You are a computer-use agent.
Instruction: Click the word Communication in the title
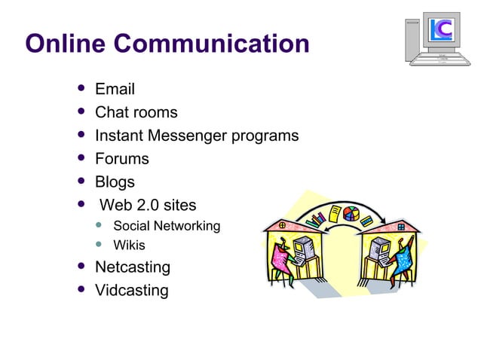[x=210, y=43]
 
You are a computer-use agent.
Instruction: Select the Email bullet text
[x=115, y=90]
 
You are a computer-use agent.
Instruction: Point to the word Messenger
[x=198, y=136]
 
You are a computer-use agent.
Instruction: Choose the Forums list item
[x=121, y=159]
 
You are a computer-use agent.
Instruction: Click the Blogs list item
[x=115, y=182]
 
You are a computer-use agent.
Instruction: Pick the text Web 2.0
[x=135, y=205]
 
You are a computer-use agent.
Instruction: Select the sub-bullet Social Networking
[x=166, y=226]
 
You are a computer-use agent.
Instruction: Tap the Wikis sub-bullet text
[x=129, y=246]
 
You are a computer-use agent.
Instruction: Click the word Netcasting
[x=133, y=267]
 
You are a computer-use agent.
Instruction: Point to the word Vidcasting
[x=131, y=290]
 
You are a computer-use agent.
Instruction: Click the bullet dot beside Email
[x=81, y=89]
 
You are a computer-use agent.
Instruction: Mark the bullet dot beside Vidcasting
[x=81, y=289]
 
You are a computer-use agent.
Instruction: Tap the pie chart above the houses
[x=350, y=214]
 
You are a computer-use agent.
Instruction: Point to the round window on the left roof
[x=282, y=224]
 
